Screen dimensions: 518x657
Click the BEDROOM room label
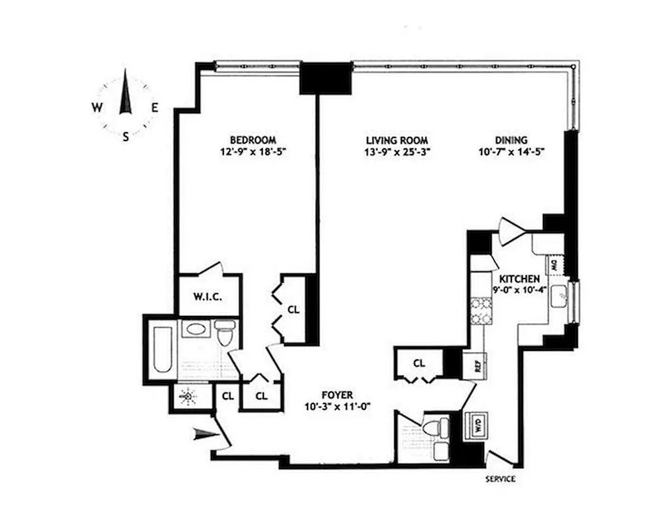253,139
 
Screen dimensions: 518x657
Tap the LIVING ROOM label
397,140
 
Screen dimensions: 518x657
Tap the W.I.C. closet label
207,297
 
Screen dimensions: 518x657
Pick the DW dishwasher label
555,264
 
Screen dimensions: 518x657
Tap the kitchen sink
559,300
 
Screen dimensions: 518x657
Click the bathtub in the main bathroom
162,350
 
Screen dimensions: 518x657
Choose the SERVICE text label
500,479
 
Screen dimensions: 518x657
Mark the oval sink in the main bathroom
194,329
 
